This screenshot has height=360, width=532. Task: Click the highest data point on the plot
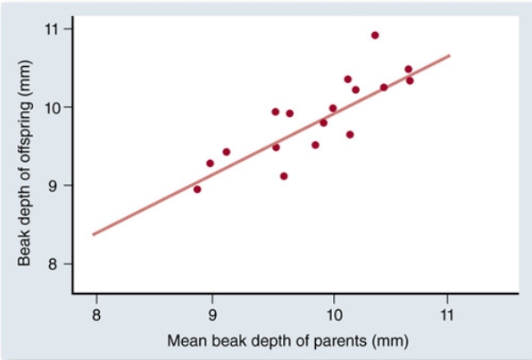tap(375, 36)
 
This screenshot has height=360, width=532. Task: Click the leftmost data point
tap(197, 189)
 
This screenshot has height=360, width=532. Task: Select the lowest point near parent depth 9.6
tap(284, 176)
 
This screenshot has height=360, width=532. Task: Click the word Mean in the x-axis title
tap(187, 341)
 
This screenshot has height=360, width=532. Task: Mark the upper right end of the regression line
tap(449, 55)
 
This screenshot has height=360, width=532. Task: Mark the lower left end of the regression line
tap(93, 234)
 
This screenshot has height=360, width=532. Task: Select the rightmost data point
tap(410, 80)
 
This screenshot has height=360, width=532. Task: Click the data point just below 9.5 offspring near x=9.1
tap(226, 152)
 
